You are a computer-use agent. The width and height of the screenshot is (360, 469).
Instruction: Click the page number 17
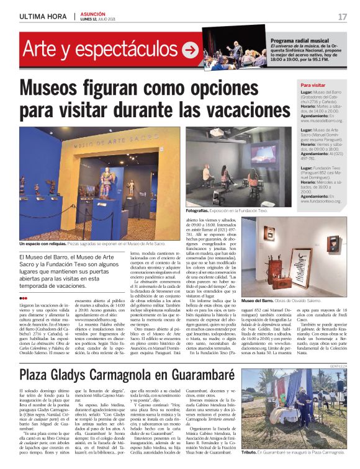[343, 17]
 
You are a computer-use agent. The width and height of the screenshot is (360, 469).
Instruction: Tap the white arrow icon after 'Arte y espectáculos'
[190, 50]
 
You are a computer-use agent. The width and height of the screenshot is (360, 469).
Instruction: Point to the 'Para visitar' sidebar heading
[313, 85]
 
